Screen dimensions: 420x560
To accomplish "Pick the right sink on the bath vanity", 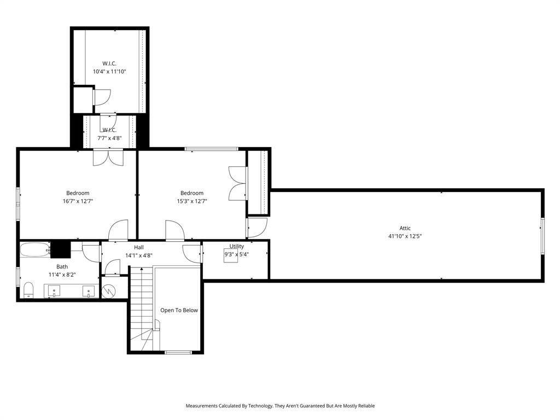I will click(89, 290).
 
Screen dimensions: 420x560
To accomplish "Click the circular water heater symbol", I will click(109, 290).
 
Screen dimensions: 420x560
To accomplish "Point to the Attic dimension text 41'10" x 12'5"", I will click(405, 236).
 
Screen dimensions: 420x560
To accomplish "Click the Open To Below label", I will click(179, 310).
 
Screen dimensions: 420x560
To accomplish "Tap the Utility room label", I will click(237, 246).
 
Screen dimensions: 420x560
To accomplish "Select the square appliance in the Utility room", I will click(231, 255).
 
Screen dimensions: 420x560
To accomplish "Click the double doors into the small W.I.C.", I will click(108, 157).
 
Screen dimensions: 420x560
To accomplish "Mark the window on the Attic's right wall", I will click(542, 235).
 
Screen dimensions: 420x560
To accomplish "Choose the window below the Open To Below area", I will click(178, 352).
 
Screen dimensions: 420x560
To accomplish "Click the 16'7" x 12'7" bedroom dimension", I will click(78, 201).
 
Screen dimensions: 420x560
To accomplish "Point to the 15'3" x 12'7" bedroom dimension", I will click(191, 201).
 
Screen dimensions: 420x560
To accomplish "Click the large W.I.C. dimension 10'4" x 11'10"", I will click(109, 71).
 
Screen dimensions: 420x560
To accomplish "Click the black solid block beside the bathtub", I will click(61, 249).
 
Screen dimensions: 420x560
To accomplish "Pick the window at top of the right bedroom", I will click(211, 149).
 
